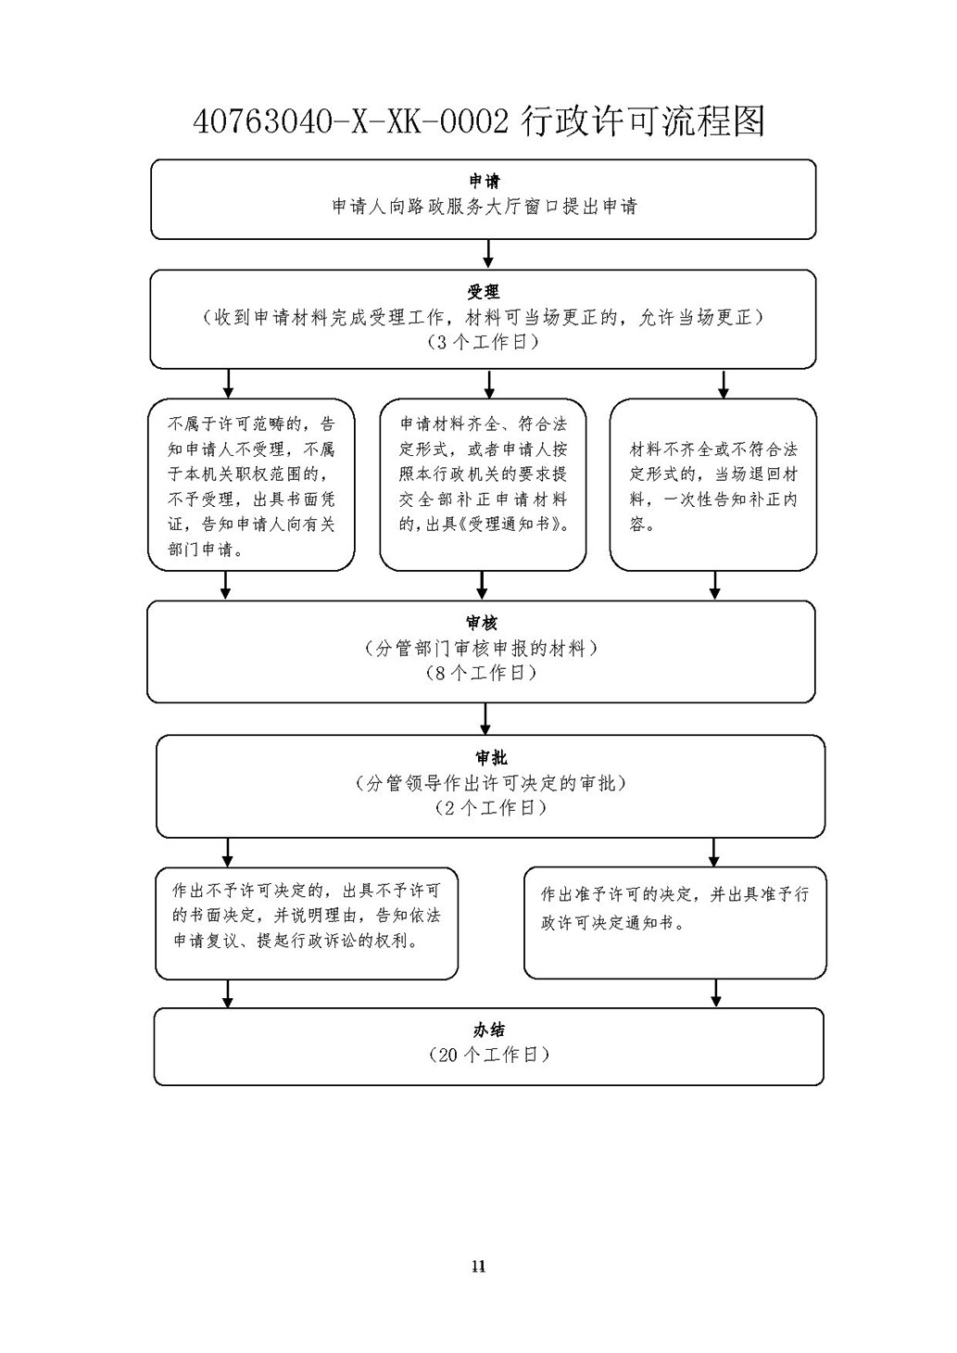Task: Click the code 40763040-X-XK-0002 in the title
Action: pos(351,122)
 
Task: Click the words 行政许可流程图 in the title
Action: pos(643,121)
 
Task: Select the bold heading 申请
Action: pos(485,182)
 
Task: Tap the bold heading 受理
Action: pos(484,292)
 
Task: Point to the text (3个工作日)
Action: pos(483,343)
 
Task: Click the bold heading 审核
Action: pos(482,623)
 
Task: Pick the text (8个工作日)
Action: pos(481,674)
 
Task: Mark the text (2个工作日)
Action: pos(491,808)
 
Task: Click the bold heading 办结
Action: pos(488,1030)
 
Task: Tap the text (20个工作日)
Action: pos(489,1056)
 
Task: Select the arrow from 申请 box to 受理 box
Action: pos(488,254)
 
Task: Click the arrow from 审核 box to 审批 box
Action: pos(485,719)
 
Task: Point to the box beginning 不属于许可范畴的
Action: pos(251,485)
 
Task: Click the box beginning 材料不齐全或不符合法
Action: pos(713,485)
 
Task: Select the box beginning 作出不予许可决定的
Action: pos(307,924)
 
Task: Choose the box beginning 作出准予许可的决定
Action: pos(675,923)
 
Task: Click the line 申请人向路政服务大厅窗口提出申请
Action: pos(485,207)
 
